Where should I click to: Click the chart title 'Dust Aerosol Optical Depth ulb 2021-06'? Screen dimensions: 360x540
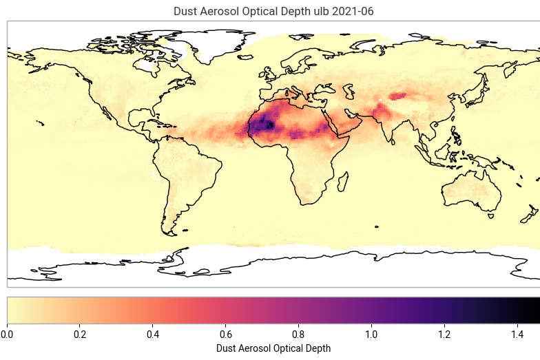point(273,12)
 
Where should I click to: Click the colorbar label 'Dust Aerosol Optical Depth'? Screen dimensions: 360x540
point(273,348)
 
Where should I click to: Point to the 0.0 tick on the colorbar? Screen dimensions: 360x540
point(7,335)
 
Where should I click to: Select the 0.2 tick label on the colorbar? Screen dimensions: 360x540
point(80,335)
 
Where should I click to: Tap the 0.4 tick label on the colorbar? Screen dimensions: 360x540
point(153,335)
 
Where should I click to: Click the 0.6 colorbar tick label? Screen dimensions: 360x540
point(226,335)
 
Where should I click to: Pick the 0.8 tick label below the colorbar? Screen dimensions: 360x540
point(299,335)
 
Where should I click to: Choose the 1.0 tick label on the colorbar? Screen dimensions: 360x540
point(372,335)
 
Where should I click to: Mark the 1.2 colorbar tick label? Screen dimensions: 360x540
point(445,335)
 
